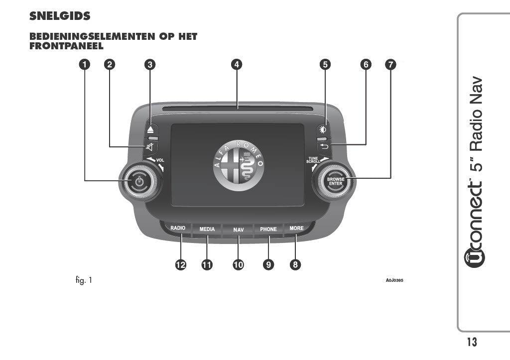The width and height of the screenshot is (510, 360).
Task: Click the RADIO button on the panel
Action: coord(178,228)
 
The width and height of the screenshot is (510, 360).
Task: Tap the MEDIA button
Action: coord(207,229)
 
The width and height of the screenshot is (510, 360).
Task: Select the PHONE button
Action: coord(268,229)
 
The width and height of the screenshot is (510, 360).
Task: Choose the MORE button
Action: coord(297,228)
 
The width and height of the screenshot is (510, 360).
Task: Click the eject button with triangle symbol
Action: coord(150,129)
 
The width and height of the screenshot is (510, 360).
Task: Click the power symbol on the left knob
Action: coord(139,181)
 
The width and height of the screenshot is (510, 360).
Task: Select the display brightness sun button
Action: coord(323,130)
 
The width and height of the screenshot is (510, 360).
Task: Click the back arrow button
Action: coord(324,147)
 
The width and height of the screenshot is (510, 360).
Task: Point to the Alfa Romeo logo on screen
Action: coord(239,165)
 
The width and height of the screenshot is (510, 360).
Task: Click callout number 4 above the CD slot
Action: coord(237,64)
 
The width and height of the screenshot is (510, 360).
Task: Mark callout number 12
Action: coord(180,265)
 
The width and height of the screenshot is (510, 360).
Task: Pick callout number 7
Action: coord(390,64)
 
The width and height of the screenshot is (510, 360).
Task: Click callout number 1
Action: coord(85,64)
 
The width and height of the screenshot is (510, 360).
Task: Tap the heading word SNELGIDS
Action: coord(60,16)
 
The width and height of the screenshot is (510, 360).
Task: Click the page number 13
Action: coord(472,342)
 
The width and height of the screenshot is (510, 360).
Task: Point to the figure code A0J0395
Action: coord(394,280)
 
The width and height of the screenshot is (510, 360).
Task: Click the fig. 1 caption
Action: coord(84,280)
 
